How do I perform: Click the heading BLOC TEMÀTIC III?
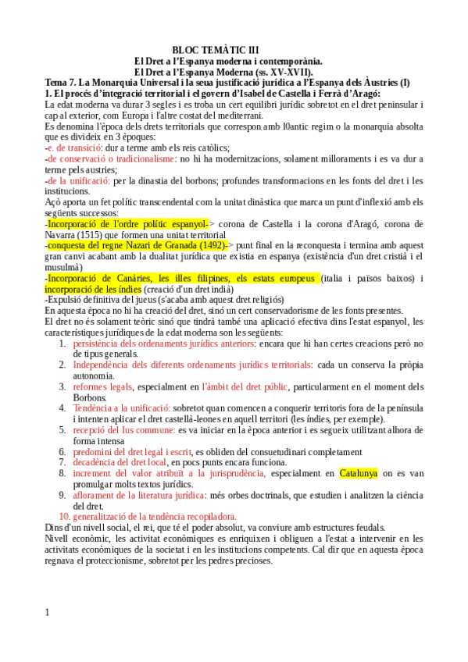220,49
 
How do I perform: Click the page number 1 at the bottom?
48,612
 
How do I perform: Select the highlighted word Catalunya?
358,473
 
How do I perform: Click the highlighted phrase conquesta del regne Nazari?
135,245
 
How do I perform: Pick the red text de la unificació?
77,180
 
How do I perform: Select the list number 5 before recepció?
63,429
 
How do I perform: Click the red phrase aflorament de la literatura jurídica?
139,495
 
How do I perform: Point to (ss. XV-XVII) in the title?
288,71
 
